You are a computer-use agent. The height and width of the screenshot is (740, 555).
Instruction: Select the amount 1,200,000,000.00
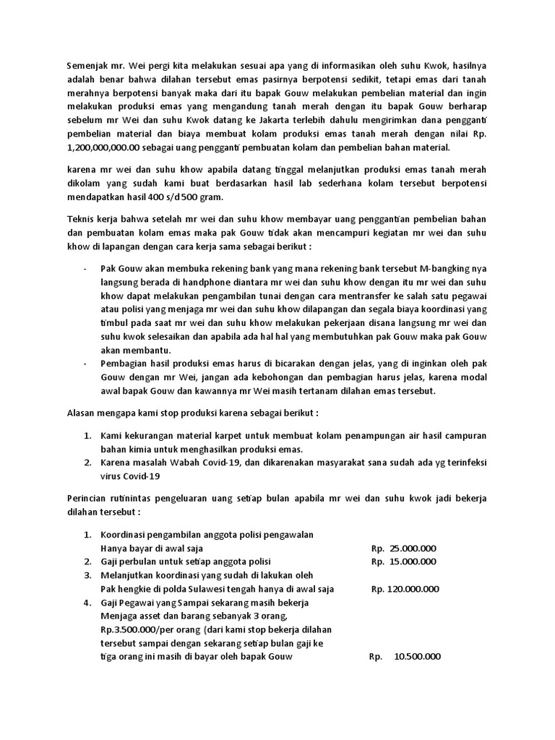(98, 148)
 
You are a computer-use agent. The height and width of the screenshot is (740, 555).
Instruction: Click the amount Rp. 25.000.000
(403, 548)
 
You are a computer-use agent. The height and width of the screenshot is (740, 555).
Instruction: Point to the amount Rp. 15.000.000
(403, 562)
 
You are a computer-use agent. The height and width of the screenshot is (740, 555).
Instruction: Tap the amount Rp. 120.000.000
(405, 590)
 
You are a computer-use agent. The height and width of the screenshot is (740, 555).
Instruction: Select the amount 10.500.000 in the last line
(417, 656)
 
